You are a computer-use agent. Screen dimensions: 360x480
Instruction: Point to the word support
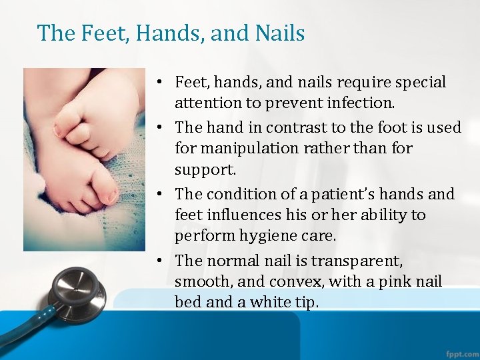pyautogui.click(x=205, y=169)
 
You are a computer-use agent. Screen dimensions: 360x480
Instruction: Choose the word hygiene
pyautogui.click(x=269, y=236)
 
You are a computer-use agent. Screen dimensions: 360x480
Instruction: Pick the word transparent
pyautogui.click(x=361, y=260)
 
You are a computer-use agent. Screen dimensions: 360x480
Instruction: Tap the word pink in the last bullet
pyautogui.click(x=397, y=281)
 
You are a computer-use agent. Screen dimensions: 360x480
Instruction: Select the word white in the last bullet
pyautogui.click(x=270, y=302)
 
